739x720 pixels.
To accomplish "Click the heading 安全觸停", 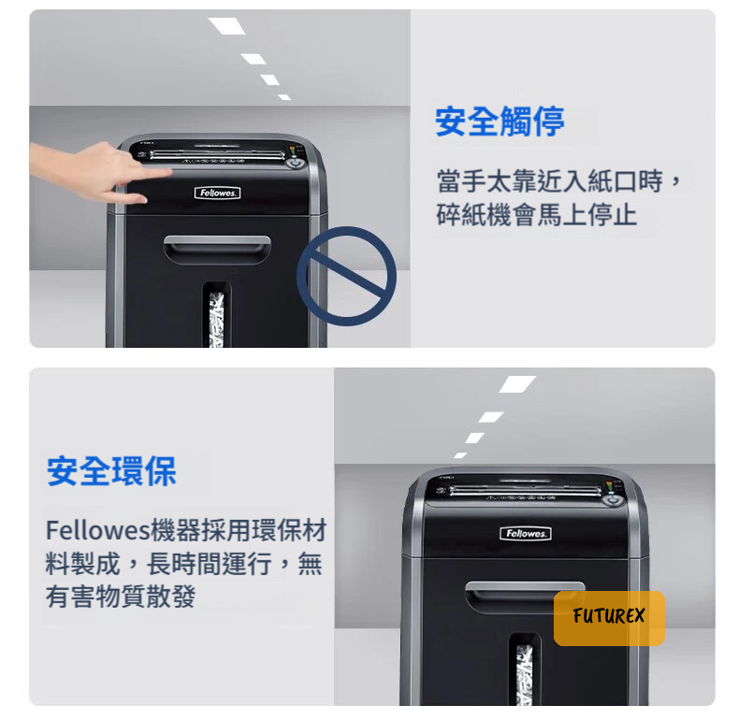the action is click(x=500, y=122).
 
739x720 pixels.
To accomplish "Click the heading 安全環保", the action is click(x=111, y=470).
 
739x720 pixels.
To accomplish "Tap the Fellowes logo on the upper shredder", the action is click(x=217, y=193).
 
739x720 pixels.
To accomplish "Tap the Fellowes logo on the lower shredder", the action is click(x=526, y=533).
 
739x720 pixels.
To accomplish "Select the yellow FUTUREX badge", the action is click(x=609, y=618).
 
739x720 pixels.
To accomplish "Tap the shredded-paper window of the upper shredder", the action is click(x=217, y=318).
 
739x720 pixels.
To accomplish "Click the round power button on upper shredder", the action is click(x=296, y=163).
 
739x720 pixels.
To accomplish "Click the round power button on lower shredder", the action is click(x=612, y=498).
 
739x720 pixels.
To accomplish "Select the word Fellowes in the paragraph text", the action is click(x=97, y=530).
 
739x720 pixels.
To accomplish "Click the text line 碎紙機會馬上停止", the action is click(x=537, y=215).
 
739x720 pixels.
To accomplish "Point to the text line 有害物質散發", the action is click(x=121, y=596).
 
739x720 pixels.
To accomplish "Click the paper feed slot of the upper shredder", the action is click(x=217, y=153).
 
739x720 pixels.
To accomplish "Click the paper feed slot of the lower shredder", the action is click(x=526, y=490).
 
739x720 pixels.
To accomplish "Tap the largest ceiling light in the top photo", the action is click(x=227, y=26).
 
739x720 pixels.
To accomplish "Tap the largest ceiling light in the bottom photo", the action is click(x=517, y=384).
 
